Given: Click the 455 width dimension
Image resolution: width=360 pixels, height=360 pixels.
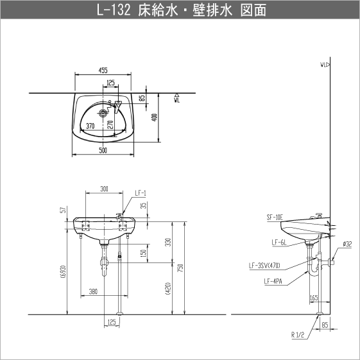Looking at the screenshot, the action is click(103, 70).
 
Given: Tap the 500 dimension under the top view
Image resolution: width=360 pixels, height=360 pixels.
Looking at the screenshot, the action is click(103, 150).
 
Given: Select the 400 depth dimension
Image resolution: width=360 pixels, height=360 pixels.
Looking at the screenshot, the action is click(155, 117).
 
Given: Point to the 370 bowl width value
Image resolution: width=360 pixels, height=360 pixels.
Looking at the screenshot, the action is click(90, 126).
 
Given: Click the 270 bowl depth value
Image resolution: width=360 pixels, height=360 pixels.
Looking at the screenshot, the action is click(110, 124).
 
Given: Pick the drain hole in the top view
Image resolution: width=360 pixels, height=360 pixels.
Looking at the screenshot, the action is click(103, 112).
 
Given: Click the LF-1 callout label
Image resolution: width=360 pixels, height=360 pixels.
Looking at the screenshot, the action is click(141, 193).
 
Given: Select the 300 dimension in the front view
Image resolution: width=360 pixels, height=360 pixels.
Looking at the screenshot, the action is click(104, 189).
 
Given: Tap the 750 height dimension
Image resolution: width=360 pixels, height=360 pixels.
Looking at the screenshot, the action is click(181, 268).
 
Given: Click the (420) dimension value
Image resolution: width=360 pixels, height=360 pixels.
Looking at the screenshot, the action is click(168, 289).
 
